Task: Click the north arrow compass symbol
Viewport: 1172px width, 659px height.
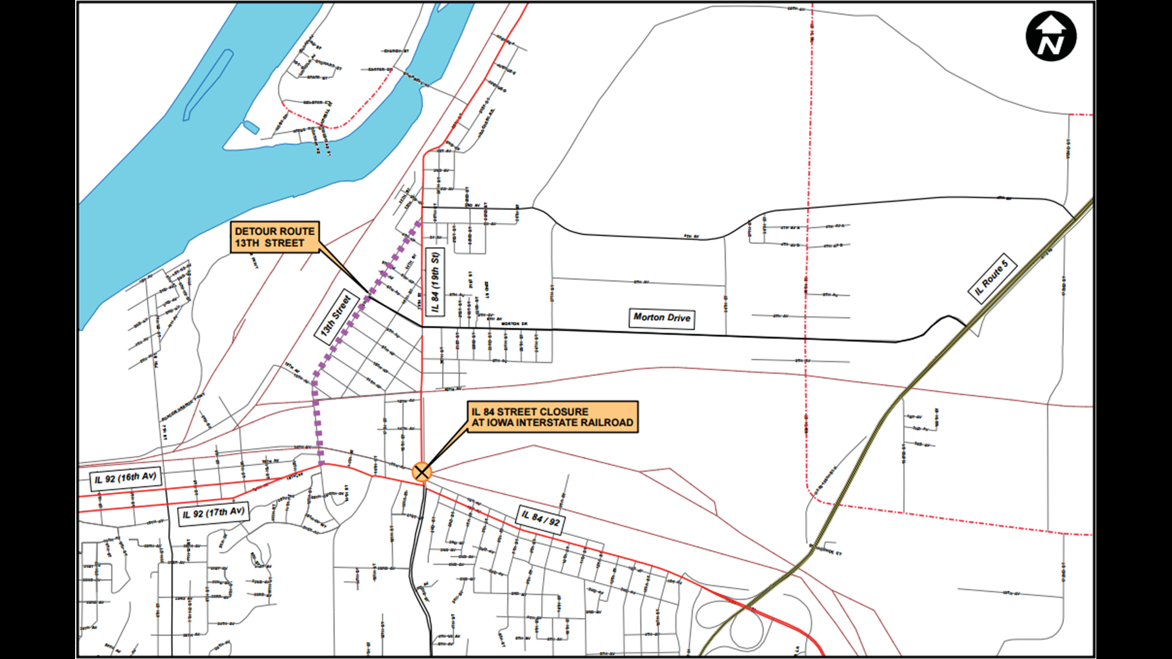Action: coord(1051,37)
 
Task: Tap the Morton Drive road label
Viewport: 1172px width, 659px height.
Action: coord(662,318)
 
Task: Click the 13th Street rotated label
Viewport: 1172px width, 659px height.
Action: coord(336,315)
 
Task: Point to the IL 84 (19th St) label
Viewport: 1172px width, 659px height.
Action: coord(435,283)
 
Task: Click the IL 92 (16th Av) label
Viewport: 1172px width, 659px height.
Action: coord(126,478)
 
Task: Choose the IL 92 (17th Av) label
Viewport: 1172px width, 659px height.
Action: coord(214,513)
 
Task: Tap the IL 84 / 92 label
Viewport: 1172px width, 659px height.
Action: coord(540,519)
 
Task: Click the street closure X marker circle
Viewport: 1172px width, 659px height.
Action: coord(422,472)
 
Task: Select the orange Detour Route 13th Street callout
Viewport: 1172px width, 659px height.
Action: coord(275,237)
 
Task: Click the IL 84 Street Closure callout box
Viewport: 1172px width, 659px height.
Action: coord(552,417)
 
